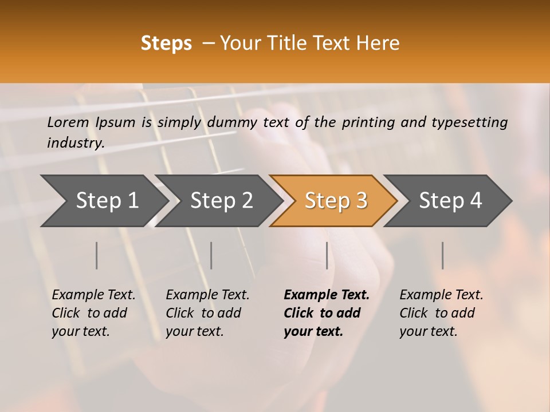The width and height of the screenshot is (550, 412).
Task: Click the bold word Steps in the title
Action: coord(166,43)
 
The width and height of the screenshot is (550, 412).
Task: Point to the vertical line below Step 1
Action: coord(97,255)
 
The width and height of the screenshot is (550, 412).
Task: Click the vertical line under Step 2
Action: coord(211,255)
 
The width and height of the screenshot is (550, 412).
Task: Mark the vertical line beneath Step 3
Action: coord(327,255)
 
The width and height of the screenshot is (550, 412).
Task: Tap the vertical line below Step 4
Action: coord(443,255)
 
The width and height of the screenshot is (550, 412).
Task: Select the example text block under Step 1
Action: coord(93,313)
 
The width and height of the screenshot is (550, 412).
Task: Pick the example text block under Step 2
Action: coord(207,313)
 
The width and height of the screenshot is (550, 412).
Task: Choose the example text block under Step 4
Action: coord(441,313)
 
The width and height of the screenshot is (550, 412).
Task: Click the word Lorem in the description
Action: coord(68,122)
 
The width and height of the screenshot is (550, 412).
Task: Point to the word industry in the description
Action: coord(76,142)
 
